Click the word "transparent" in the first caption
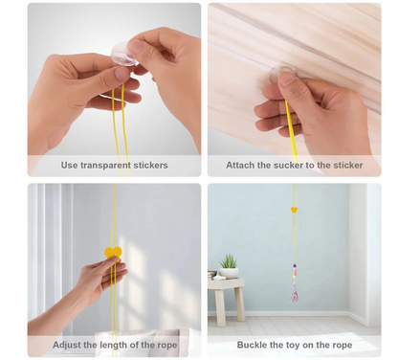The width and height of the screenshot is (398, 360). tap(108, 166)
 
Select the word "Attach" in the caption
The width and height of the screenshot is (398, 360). tap(240, 166)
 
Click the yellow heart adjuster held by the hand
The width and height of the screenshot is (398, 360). tap(113, 253)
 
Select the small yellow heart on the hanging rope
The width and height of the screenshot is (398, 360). tap(294, 209)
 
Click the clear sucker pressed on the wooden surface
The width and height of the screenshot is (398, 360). tap(283, 73)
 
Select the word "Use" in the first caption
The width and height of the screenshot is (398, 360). tap(70, 166)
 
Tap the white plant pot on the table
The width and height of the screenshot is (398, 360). tap(230, 273)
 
